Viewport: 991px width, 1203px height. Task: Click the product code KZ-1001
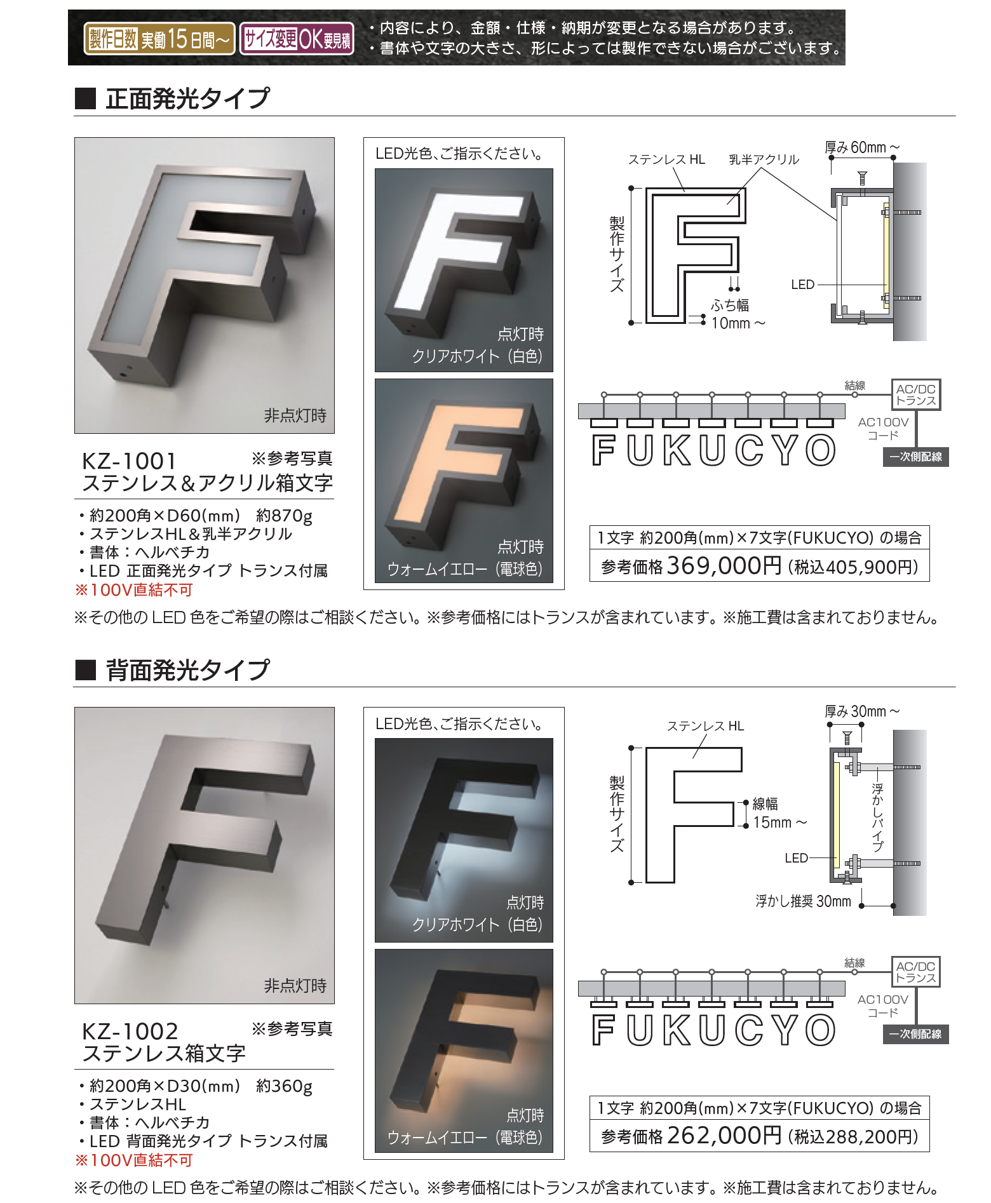click(129, 460)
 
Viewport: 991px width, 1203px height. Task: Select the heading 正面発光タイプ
click(188, 98)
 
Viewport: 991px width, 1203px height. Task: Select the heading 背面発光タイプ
click(188, 669)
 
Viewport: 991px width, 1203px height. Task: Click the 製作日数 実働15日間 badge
click(159, 39)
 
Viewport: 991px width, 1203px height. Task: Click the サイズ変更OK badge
click(297, 39)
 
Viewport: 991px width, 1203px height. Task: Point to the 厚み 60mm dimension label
click(862, 147)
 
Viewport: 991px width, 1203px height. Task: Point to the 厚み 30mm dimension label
click(862, 711)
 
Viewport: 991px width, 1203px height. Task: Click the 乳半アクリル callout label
click(764, 159)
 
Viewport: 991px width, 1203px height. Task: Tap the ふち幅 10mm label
click(737, 314)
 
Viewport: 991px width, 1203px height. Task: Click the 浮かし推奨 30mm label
click(803, 901)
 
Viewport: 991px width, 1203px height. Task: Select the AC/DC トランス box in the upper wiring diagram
click(915, 394)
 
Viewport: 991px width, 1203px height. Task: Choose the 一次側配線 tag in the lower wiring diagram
click(915, 1034)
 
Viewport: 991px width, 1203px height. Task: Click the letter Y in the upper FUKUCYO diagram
click(785, 450)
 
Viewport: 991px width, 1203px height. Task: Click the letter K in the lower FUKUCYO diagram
click(676, 1030)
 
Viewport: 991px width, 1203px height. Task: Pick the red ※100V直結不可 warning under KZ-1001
click(134, 590)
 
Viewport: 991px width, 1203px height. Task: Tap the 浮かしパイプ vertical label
click(877, 817)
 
